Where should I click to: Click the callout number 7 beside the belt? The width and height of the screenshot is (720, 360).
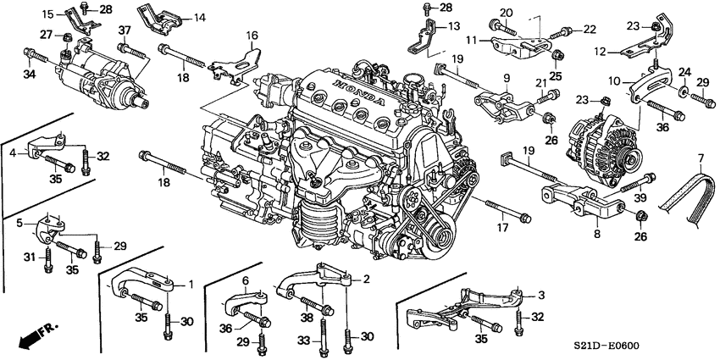pos(701,159)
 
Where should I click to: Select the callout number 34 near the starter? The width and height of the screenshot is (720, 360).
pos(29,75)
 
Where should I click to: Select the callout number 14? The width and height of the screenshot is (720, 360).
pos(199,18)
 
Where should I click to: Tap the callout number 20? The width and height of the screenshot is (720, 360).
pos(506,12)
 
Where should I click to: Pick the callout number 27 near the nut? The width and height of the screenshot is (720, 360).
pos(47,36)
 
